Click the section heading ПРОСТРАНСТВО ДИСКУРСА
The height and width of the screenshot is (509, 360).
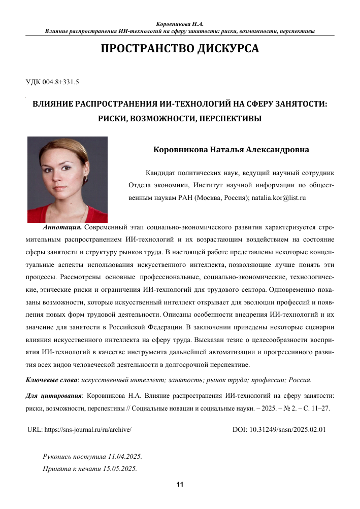tap(180, 49)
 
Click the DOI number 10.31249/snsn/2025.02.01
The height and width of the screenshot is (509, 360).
tap(287, 429)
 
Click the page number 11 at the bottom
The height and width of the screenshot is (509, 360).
tap(180, 485)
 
